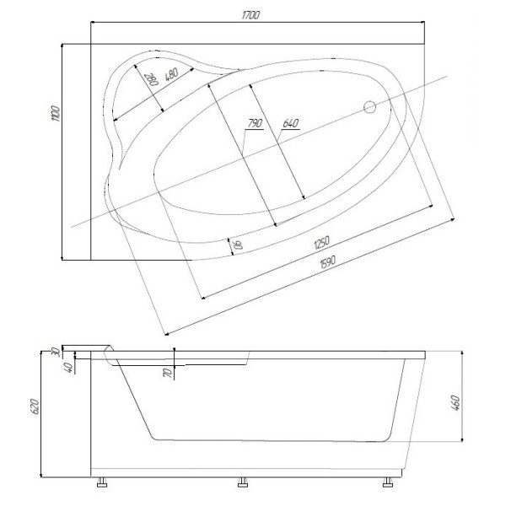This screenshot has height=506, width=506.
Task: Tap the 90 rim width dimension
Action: pos(239,245)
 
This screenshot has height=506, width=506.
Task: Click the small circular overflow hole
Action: pos(369,107)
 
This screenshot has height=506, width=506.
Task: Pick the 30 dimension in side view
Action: pos(56,351)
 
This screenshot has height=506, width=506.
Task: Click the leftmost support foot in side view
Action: pos(102,484)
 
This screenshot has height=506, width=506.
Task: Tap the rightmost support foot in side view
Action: pos(388,484)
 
